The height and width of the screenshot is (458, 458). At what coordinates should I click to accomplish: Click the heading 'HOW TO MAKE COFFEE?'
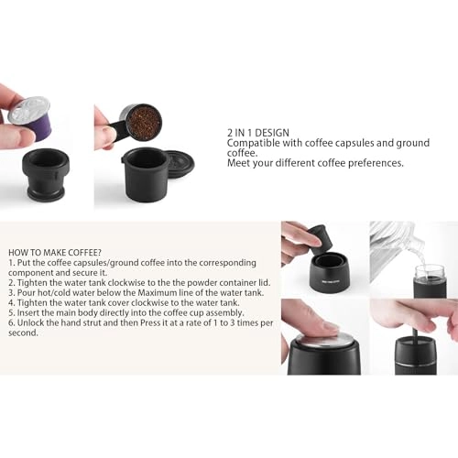(x=55, y=251)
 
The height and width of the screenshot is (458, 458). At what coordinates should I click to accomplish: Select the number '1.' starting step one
(x=12, y=262)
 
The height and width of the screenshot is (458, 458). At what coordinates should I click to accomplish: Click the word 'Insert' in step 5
(x=30, y=312)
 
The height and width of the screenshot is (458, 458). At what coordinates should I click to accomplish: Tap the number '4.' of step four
(x=12, y=302)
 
